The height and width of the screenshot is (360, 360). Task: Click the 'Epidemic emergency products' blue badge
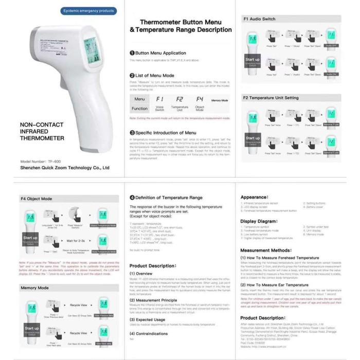coord(88,11)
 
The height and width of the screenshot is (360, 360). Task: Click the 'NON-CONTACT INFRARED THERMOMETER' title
coord(42,131)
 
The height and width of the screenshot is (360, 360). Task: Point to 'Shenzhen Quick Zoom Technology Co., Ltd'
coord(64,168)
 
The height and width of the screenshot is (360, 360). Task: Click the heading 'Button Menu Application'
coord(160,52)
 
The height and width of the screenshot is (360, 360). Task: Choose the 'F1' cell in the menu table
coord(160,99)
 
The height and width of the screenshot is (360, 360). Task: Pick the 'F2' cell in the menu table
coord(179,99)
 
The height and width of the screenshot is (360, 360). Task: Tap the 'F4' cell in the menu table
coord(200,99)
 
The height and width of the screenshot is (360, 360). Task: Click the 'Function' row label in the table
coord(139,109)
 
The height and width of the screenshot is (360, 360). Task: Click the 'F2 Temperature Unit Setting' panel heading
coord(271,98)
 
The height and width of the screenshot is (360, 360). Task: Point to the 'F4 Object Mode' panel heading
coord(37,198)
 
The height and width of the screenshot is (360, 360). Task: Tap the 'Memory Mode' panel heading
coord(35,288)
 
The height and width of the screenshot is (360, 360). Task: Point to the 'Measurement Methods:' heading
coord(267,249)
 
